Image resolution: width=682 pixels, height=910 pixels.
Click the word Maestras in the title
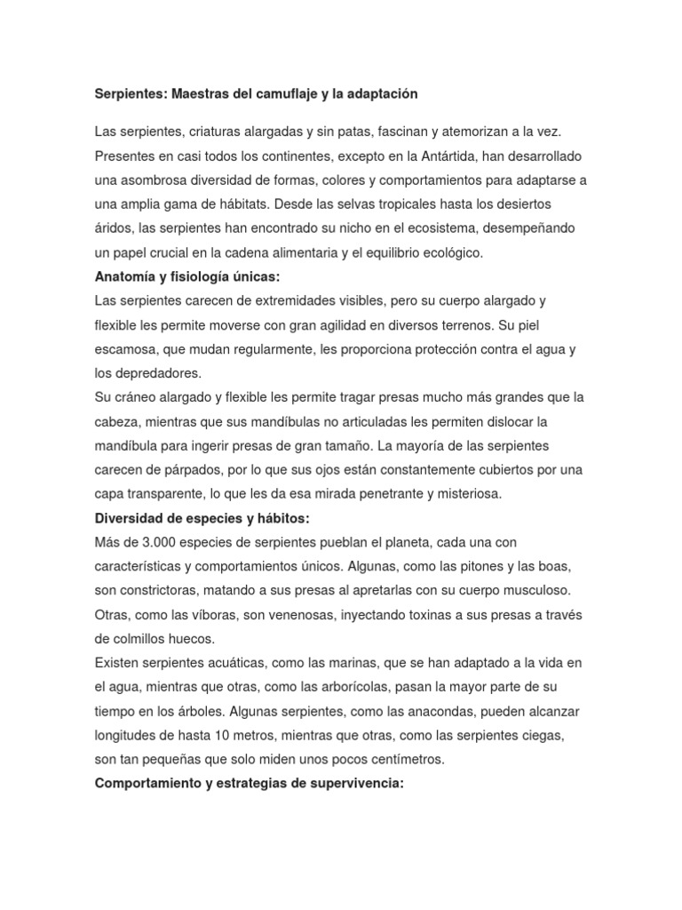point(200,93)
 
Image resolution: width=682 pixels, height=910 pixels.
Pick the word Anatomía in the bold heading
point(123,276)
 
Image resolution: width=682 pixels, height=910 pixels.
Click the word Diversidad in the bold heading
point(129,517)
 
